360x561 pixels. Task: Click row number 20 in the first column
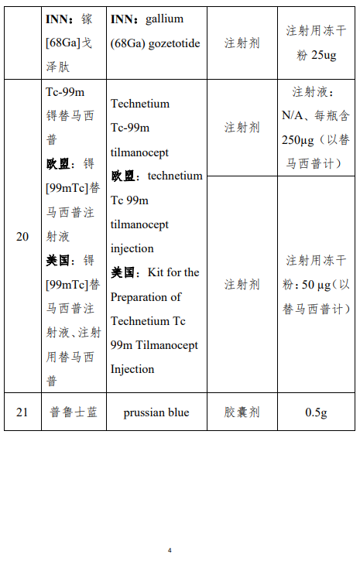tap(22, 236)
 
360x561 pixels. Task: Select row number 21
tap(22, 412)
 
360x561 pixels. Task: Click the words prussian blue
tap(156, 412)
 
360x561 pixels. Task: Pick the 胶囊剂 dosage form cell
tap(242, 412)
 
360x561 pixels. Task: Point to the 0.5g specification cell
tap(316, 412)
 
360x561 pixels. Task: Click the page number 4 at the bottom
tap(170, 550)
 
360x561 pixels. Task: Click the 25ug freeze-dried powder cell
tap(316, 43)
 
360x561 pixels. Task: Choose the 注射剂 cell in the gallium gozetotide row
tap(242, 43)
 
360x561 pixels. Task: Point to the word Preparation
tap(146, 296)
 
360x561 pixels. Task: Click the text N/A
tap(293, 116)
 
